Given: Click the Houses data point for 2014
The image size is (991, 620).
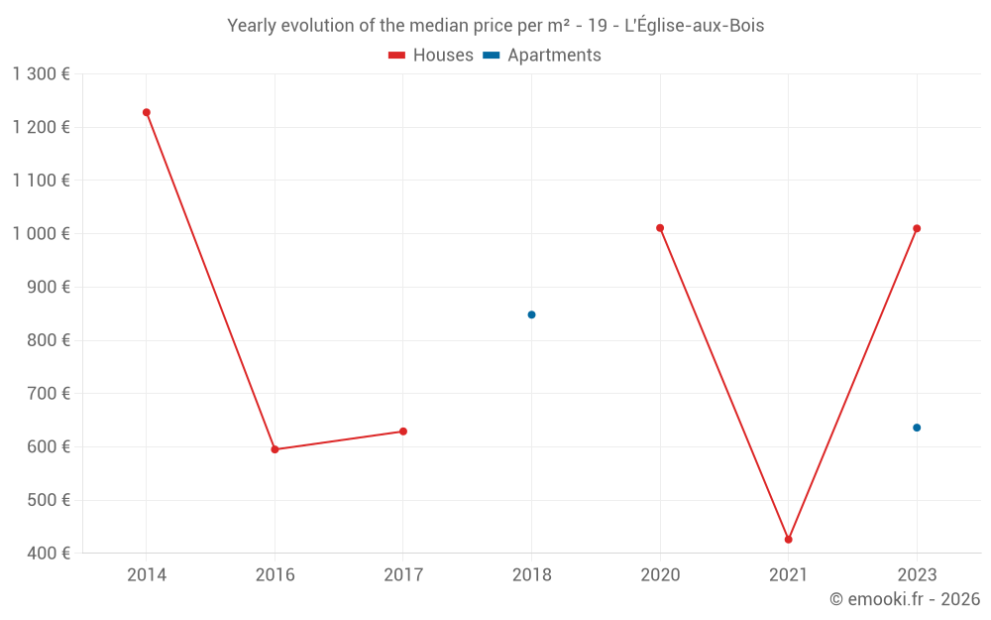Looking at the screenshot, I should [147, 112].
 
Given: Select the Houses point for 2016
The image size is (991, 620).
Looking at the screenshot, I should [275, 449].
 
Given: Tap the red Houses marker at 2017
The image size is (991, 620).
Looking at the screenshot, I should [403, 432].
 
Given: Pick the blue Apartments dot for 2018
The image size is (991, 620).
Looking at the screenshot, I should [531, 314].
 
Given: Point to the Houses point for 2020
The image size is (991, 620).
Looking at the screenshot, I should [660, 228].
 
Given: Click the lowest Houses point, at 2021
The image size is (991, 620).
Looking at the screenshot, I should [788, 540].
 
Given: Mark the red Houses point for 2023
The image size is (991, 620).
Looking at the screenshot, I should [917, 228].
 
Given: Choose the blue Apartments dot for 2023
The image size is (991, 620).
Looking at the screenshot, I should [917, 428].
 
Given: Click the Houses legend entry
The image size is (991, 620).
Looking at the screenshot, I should [431, 56].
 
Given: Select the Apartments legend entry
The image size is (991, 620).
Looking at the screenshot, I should [542, 56].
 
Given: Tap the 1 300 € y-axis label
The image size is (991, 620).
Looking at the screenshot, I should [41, 73].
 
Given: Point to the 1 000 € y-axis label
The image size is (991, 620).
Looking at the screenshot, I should [41, 233].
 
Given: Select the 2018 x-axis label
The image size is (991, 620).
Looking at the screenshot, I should [531, 574].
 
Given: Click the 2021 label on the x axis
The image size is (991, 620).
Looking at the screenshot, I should [788, 574].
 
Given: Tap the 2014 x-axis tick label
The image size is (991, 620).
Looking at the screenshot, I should [147, 574].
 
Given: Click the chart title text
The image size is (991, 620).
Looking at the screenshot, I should [495, 26].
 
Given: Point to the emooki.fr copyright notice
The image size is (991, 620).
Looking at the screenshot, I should [904, 599].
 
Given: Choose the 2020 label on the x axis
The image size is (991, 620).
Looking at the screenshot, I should [660, 574].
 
